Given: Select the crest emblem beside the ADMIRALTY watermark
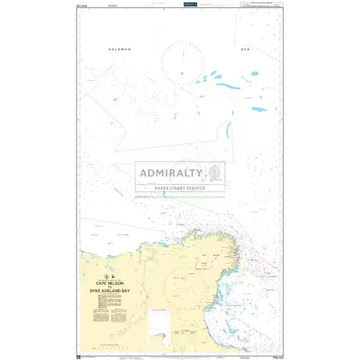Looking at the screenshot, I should [214, 173].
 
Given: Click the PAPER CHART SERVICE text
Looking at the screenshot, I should [180, 188].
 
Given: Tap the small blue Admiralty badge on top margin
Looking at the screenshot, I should [188, 4].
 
